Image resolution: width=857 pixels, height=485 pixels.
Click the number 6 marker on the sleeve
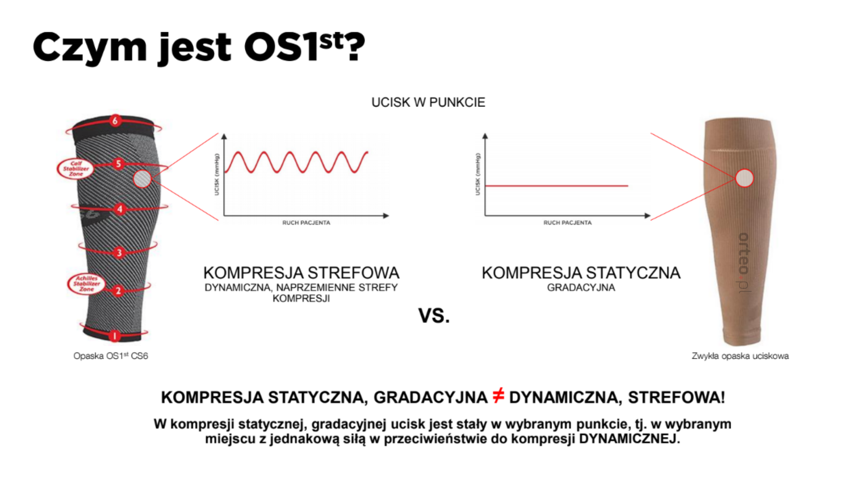[x=115, y=120]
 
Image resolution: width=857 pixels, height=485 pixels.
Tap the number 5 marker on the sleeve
[x=118, y=163]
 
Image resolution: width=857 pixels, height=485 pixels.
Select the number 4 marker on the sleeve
[x=119, y=209]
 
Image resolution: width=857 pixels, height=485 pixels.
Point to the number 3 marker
[x=119, y=253]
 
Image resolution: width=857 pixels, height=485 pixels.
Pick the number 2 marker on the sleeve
[x=118, y=291]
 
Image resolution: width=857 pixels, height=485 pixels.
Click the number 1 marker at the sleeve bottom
[x=115, y=336]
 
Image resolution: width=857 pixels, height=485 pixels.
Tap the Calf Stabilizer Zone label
[x=76, y=169]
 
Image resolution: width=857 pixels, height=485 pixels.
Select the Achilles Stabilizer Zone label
[x=86, y=284]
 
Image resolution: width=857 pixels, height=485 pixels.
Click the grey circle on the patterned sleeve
[x=142, y=179]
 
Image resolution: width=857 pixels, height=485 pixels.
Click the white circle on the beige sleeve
[x=744, y=178]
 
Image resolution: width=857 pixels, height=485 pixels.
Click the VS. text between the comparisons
[x=434, y=316]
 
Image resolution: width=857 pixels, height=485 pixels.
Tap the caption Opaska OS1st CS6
[x=111, y=356]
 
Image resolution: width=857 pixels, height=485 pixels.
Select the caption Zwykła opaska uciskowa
[x=740, y=356]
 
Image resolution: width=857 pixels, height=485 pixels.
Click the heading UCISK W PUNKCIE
[x=428, y=102]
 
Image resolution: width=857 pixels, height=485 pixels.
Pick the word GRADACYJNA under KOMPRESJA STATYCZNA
[x=581, y=288]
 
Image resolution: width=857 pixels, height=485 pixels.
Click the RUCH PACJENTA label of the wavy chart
[x=306, y=223]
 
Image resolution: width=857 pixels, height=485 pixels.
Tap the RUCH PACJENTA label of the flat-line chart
[x=567, y=223]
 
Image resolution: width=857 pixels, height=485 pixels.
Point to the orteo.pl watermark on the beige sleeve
[x=744, y=262]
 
